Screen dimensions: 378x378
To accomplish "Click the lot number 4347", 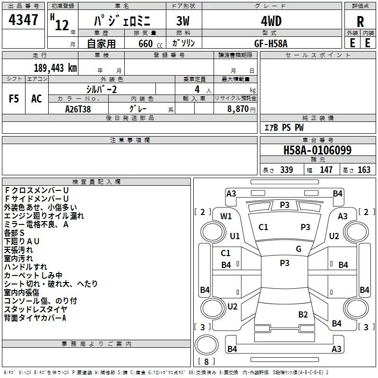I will pos(23,20).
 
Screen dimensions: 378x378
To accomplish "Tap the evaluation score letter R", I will pos(361,22).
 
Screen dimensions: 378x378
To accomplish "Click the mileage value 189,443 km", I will pos(55,68).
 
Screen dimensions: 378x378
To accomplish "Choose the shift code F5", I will pos(14,99).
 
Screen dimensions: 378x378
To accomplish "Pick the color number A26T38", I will pos(78,108).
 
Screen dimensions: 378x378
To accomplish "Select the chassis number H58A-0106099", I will pos(317,150).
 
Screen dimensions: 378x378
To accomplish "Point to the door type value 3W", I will pos(184,21).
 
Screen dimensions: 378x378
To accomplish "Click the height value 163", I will pos(364,170).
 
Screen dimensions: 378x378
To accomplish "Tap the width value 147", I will pos(326,170).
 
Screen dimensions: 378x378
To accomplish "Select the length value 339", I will pos(286,170).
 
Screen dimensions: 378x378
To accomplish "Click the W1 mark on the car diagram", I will pos(226,216).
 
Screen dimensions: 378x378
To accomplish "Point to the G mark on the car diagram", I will pos(299,249).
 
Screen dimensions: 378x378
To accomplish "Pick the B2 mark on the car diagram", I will pos(303,314).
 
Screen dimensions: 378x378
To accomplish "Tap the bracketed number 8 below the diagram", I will pos(206,361).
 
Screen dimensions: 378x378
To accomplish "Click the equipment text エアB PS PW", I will pos(283,128).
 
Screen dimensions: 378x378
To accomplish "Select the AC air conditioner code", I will pos(36,99).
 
